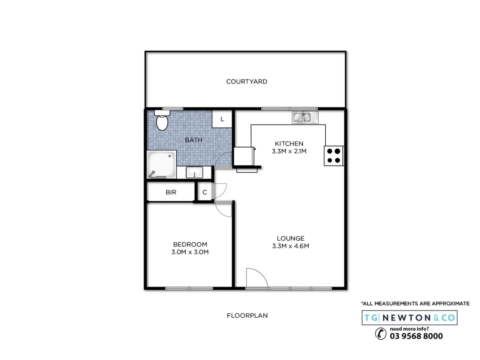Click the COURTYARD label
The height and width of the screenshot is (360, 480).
tap(246, 82)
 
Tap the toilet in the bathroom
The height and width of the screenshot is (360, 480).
tap(162, 121)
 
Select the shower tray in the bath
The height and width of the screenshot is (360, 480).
tap(161, 164)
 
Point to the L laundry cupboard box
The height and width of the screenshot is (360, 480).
tap(222, 119)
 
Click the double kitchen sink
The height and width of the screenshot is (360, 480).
tap(305, 117)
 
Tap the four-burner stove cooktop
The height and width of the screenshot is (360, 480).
tap(334, 156)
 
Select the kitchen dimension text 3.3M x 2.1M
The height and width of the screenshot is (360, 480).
tap(289, 151)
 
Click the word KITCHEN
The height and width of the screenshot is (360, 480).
tap(289, 144)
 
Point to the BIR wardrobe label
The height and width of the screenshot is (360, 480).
tap(171, 192)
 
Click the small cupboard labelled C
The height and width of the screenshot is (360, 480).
tap(204, 192)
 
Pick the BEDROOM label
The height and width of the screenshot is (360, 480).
tap(190, 244)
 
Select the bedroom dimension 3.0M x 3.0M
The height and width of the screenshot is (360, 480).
tap(190, 252)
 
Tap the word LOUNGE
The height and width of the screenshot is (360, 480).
tap(290, 238)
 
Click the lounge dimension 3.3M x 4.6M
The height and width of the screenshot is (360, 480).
tap(290, 246)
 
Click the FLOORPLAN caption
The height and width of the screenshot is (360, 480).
tap(247, 316)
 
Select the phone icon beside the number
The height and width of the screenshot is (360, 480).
tap(380, 334)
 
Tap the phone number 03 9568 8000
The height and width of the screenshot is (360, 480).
tap(416, 336)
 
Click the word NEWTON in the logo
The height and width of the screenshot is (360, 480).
tap(406, 318)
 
